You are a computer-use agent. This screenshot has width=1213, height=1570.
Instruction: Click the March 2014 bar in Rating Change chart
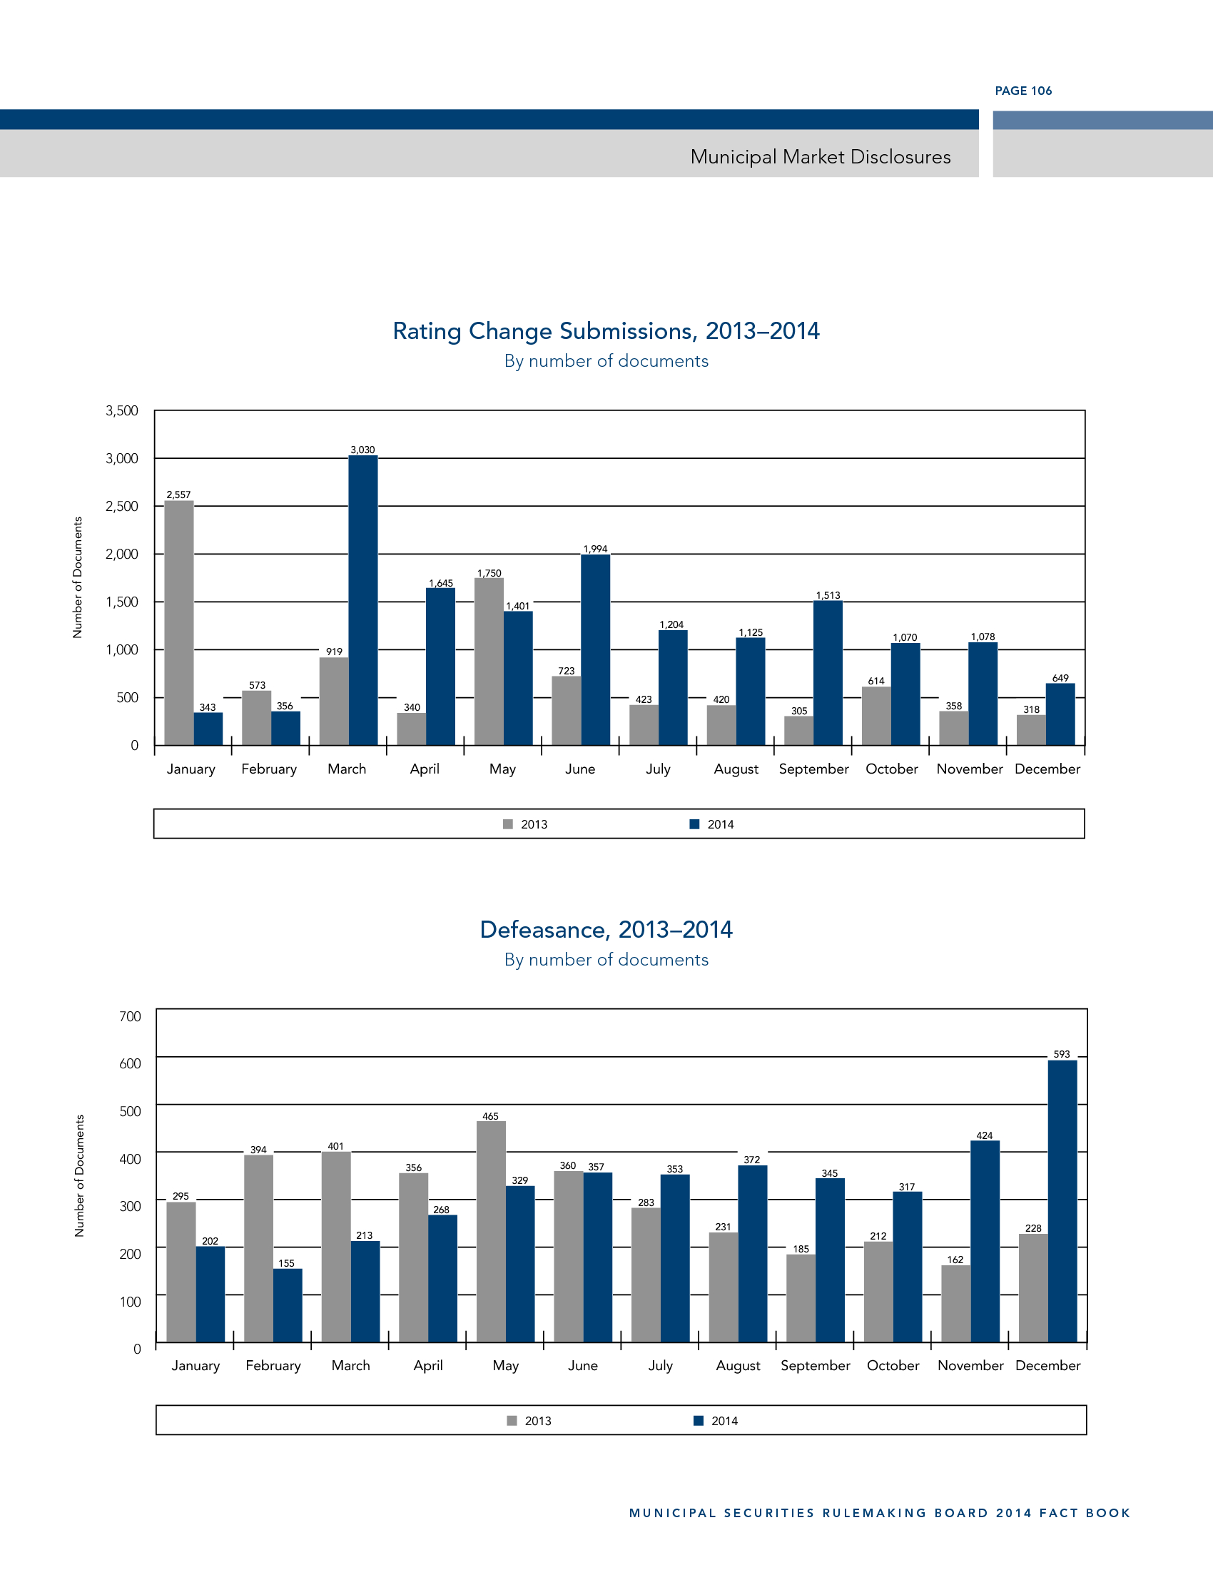tap(363, 600)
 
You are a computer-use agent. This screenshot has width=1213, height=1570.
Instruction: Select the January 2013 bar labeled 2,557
tap(179, 622)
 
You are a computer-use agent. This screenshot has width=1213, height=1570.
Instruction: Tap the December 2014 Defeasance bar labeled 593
tap(1062, 1200)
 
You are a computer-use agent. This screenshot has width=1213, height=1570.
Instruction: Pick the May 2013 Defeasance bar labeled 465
tap(491, 1231)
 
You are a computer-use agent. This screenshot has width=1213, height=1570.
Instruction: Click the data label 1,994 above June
tap(595, 549)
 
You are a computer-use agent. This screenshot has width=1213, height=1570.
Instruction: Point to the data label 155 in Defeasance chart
tap(287, 1263)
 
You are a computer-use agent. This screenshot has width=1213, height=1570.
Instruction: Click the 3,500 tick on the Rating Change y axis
tap(122, 411)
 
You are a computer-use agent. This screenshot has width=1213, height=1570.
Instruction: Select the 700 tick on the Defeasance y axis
tap(130, 1016)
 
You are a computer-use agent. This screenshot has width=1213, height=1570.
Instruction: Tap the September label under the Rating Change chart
tap(813, 769)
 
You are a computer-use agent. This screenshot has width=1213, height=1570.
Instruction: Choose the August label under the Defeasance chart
tap(738, 1366)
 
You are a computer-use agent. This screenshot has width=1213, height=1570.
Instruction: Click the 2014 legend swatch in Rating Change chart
tap(694, 824)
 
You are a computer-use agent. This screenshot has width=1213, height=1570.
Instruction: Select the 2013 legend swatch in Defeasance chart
tap(512, 1421)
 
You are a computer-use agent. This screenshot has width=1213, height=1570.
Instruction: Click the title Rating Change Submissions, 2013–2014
tap(606, 331)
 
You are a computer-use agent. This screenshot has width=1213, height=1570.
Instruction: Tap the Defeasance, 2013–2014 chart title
tap(606, 930)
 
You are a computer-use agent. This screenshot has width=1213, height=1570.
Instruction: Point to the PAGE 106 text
tap(1022, 91)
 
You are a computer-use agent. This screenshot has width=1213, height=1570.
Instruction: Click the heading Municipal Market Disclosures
tap(820, 158)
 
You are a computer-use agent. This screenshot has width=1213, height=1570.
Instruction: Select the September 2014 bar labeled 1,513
tap(828, 673)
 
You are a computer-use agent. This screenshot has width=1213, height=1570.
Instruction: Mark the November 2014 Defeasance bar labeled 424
tap(985, 1241)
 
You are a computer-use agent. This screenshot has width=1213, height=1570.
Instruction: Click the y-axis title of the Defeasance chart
tap(80, 1176)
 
